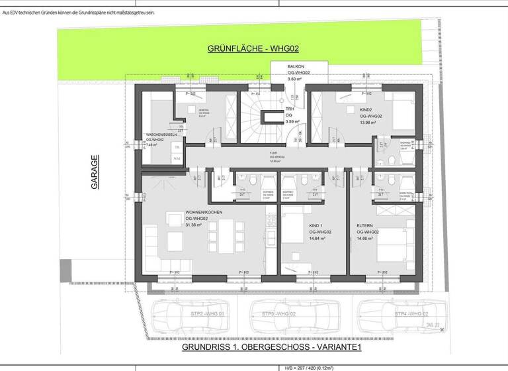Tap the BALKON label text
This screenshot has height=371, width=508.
(296, 68)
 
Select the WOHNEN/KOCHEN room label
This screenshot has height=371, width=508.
(204, 212)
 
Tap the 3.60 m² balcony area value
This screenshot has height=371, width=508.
(294, 79)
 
